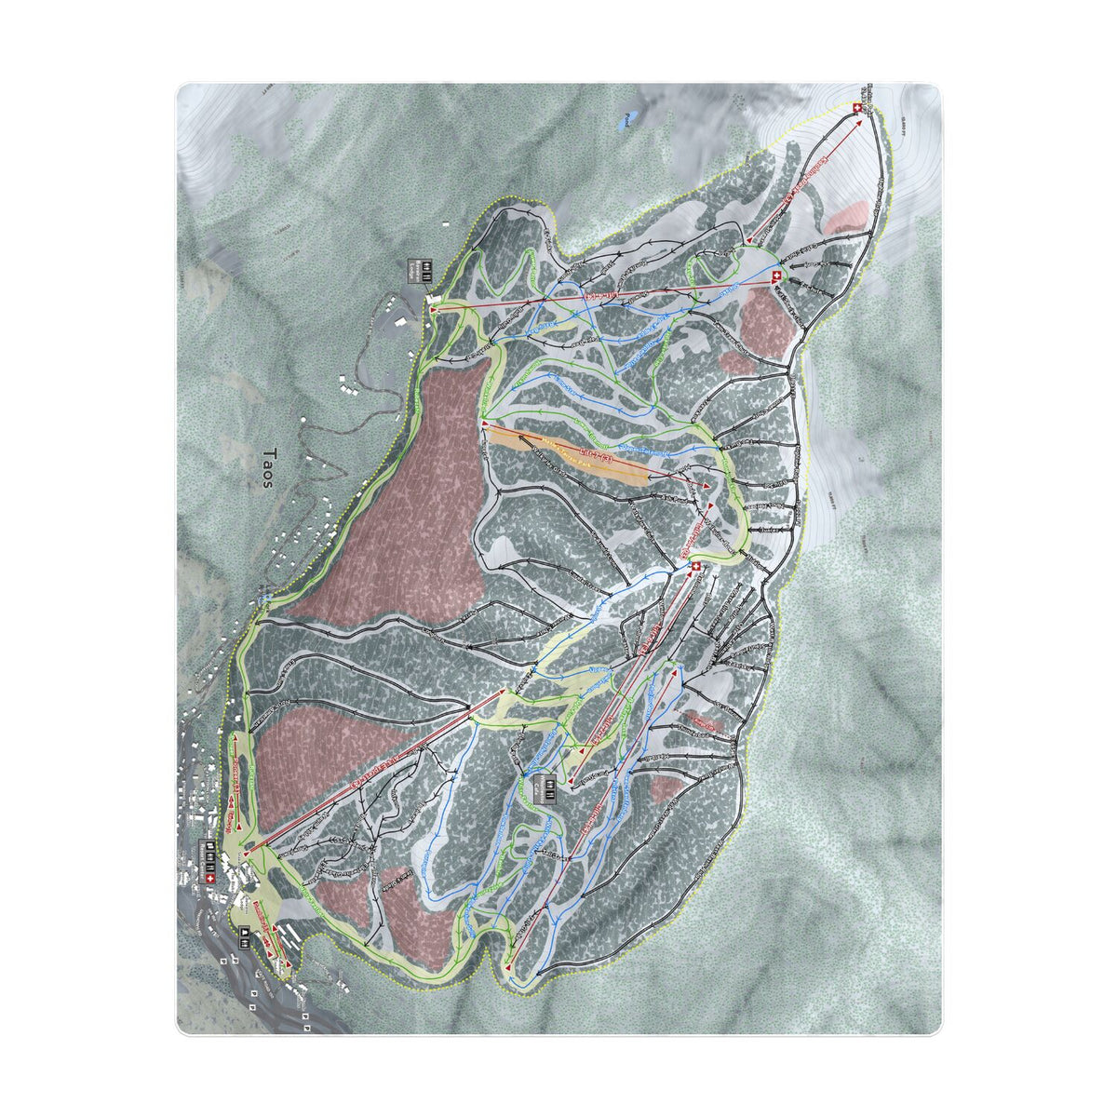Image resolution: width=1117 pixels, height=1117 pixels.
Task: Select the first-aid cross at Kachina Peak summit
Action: (856, 110)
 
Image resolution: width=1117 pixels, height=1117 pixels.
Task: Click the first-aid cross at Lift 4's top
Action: (775, 276)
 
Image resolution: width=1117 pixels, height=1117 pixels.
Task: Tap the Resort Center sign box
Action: (210, 854)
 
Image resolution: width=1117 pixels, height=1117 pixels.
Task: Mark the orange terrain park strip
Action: (568, 454)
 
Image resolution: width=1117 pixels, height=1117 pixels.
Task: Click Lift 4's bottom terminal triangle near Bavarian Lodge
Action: (434, 304)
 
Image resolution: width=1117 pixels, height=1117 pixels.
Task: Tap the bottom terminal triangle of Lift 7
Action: (485, 424)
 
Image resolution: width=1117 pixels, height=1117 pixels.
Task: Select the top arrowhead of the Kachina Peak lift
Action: (856, 119)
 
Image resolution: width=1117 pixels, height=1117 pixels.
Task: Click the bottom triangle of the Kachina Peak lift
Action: (748, 240)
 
